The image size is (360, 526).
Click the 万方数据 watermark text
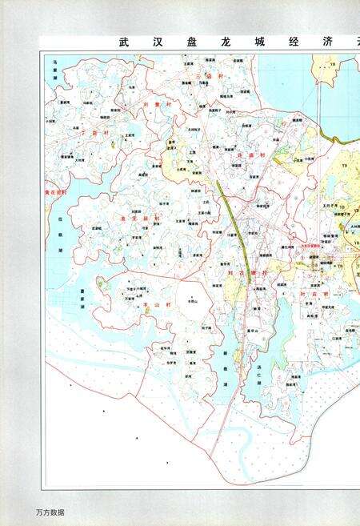(50, 512)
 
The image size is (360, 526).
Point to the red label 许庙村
(253, 156)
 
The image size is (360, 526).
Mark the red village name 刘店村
(310, 295)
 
